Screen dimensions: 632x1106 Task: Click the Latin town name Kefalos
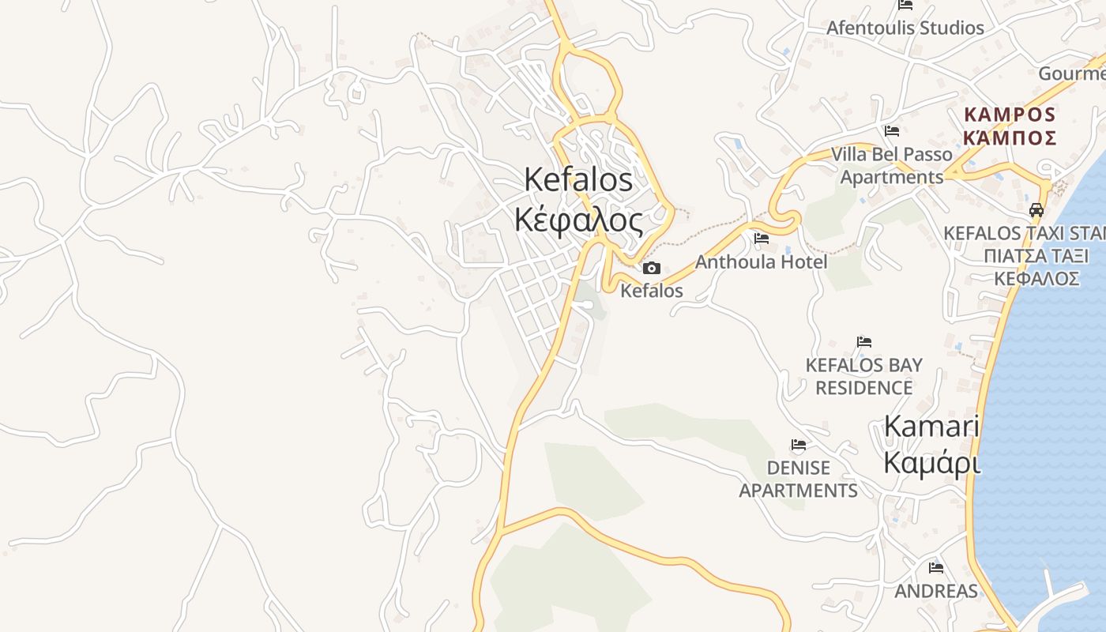tap(578, 180)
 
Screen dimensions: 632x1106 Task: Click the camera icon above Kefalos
tap(652, 269)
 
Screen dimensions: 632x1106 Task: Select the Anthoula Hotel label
tap(761, 261)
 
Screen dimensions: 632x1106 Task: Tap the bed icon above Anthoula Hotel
tap(762, 238)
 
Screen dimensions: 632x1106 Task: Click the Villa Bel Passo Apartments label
tap(891, 165)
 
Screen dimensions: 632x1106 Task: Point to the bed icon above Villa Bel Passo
tap(892, 130)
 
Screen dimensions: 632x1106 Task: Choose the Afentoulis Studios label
tap(905, 28)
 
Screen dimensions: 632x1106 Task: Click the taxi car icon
tap(1036, 210)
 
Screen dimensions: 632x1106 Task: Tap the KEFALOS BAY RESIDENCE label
tap(863, 376)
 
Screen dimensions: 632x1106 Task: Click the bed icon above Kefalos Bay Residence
tap(864, 342)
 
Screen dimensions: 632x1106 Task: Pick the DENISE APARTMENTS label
tap(798, 479)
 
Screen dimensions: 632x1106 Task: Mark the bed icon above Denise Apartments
tap(799, 445)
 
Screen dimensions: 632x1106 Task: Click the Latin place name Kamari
tap(931, 427)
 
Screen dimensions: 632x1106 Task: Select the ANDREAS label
tap(936, 591)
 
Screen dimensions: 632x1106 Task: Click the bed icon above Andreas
tap(936, 567)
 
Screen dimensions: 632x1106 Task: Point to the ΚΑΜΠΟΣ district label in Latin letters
tap(1010, 115)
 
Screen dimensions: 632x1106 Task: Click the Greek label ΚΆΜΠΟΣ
tap(1010, 138)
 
